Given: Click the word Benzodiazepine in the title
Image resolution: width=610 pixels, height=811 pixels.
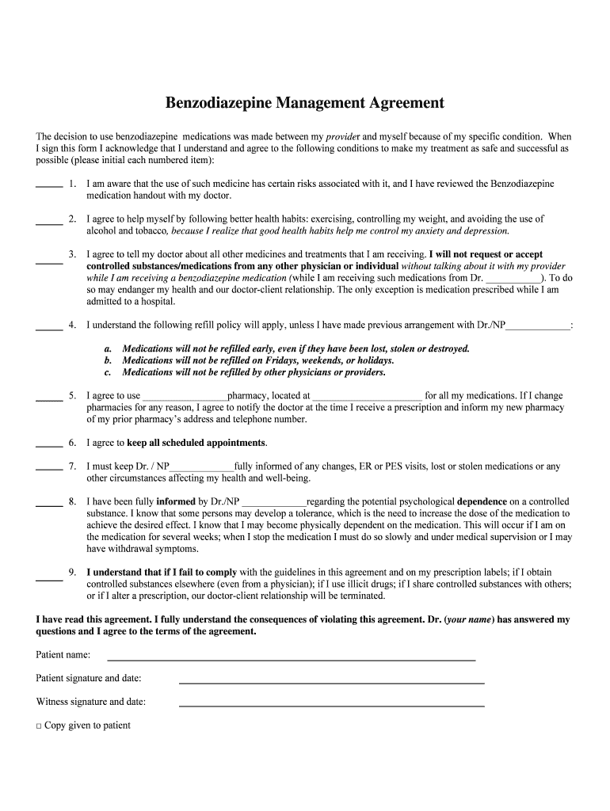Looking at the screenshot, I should pyautogui.click(x=219, y=103).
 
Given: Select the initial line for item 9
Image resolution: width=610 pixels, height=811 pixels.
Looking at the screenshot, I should pyautogui.click(x=49, y=579).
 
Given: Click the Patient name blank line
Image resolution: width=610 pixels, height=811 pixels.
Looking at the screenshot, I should pyautogui.click(x=291, y=658).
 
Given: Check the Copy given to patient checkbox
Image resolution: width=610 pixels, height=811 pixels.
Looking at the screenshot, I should pyautogui.click(x=39, y=725).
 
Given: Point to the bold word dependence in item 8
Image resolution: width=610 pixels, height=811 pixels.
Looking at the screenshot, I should pyautogui.click(x=482, y=501).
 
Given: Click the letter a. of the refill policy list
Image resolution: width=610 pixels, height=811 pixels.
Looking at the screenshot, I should pyautogui.click(x=108, y=348).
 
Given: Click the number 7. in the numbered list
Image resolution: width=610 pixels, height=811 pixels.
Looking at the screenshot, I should pyautogui.click(x=72, y=466).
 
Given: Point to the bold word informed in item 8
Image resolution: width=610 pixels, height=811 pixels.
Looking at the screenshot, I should pyautogui.click(x=176, y=501).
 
